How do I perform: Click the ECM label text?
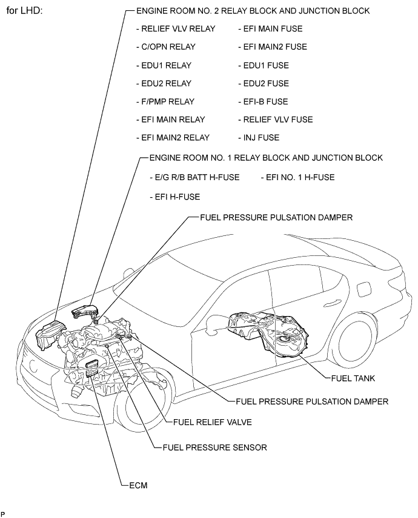click(138, 485)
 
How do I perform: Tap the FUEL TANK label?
click(353, 378)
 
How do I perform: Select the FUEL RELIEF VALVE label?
click(213, 422)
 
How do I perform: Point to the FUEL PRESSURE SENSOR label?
click(215, 447)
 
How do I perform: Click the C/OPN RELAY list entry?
click(166, 47)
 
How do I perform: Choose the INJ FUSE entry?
click(259, 138)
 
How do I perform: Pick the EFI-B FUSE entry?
click(264, 101)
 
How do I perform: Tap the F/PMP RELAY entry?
click(165, 101)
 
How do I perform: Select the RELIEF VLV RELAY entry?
click(176, 29)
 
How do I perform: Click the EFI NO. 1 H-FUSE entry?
click(297, 177)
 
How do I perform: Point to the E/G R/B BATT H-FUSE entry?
click(194, 177)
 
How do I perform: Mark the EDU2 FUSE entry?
click(264, 83)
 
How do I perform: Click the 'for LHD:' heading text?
click(24, 10)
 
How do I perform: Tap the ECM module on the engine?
click(92, 369)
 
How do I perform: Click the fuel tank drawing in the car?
click(269, 334)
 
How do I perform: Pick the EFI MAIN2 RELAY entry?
click(173, 138)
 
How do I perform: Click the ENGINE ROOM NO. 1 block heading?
click(266, 158)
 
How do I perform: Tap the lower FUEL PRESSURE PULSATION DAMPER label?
click(312, 402)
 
